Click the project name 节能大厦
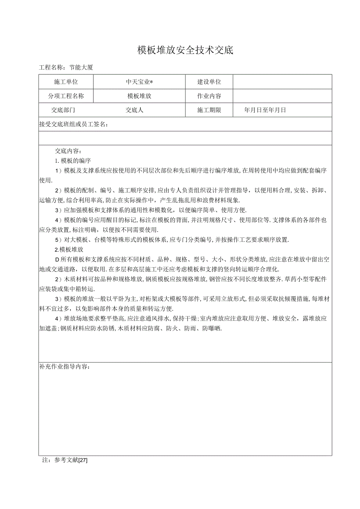click(x=81, y=67)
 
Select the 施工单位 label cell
click(x=66, y=82)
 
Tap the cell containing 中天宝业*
click(x=139, y=82)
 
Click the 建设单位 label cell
click(x=209, y=82)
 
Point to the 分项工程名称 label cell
click(x=66, y=96)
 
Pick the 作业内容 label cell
click(x=209, y=96)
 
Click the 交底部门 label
click(x=63, y=110)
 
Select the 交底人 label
click(x=134, y=110)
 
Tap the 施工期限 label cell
click(x=209, y=110)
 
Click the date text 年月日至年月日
click(x=265, y=110)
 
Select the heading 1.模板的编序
click(x=73, y=160)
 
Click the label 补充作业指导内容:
click(x=65, y=367)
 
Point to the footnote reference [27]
click(x=83, y=460)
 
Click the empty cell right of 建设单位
click(x=282, y=82)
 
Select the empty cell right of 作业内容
click(x=282, y=96)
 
